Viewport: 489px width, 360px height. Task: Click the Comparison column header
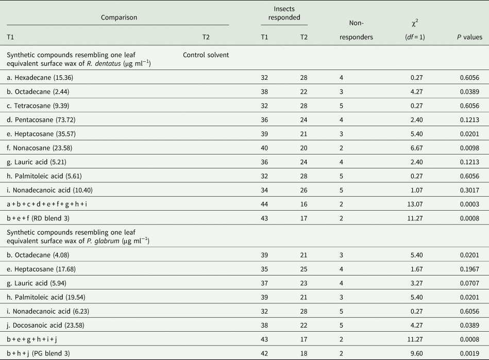(119, 17)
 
